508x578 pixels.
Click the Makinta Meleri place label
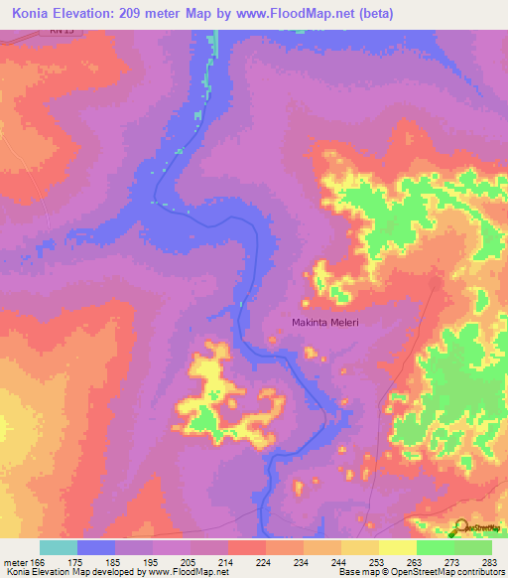pos(324,322)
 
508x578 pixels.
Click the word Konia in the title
pos(33,14)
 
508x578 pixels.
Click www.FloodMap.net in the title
pos(304,14)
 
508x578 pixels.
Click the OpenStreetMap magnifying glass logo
pos(460,526)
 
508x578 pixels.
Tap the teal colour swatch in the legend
pos(59,548)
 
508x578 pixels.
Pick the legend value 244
pos(340,563)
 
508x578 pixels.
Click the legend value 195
pos(153,563)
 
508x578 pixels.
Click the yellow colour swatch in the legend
pos(397,548)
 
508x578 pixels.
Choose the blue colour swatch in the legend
pos(96,548)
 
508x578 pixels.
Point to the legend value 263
pos(416,563)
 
